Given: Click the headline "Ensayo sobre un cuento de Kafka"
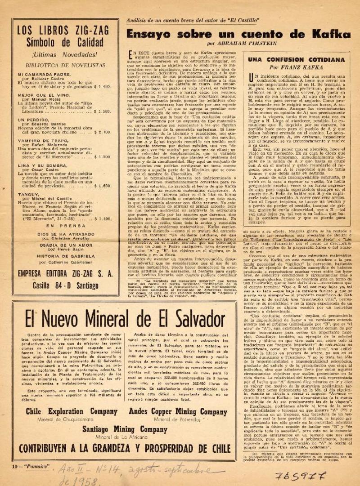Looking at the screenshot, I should point(238,35).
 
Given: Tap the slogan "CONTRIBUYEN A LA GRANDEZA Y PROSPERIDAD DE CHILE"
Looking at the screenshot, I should point(118,448).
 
